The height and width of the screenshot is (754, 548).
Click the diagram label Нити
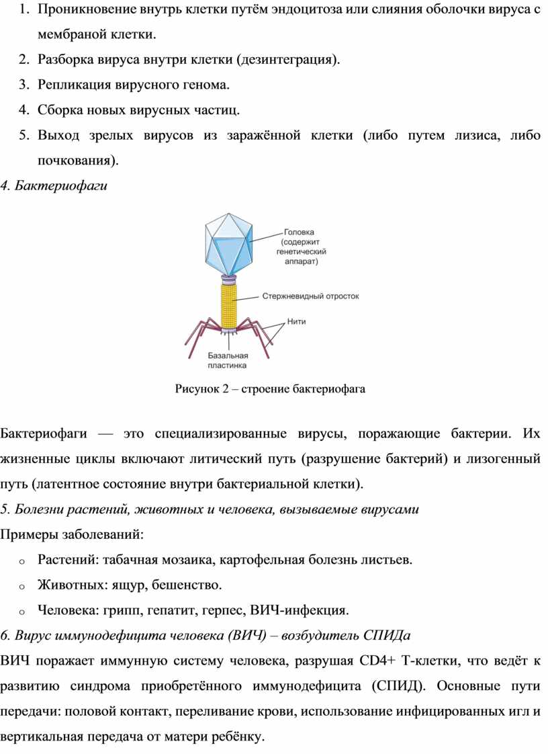point(296,321)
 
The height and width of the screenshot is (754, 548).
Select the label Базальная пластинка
point(228,360)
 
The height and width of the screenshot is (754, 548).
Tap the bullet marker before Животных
point(22,586)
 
